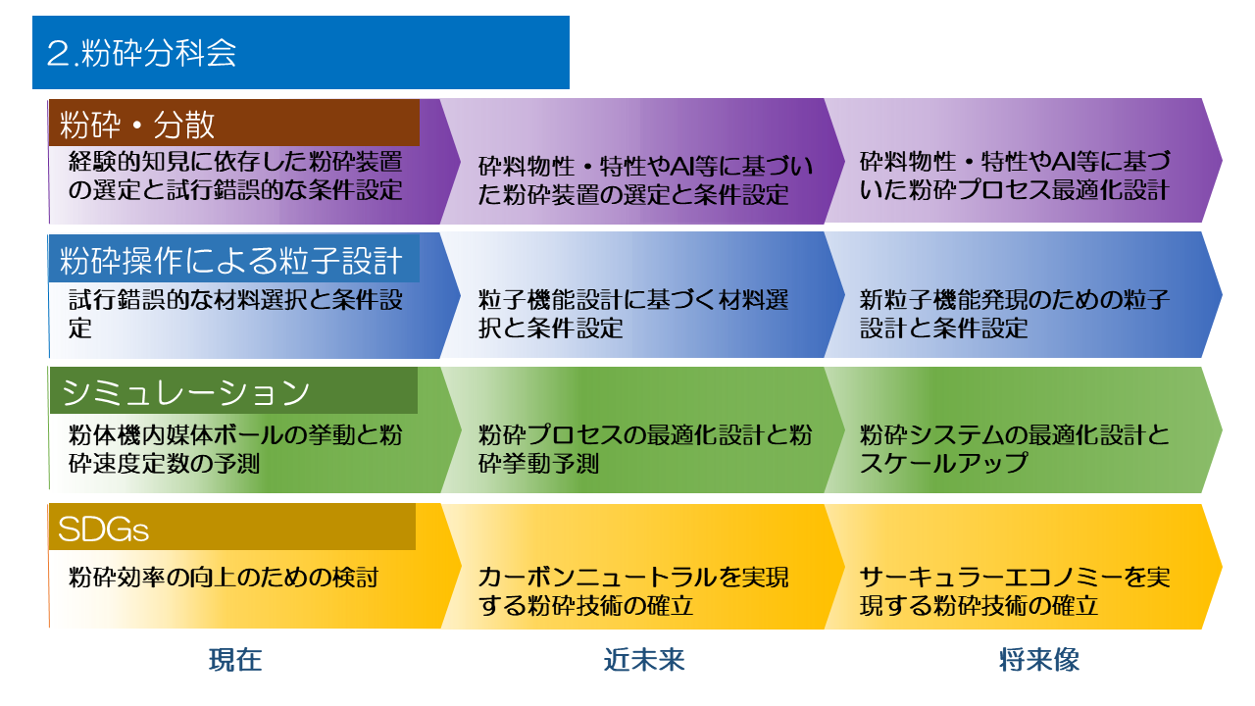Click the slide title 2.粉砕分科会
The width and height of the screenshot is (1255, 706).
[x=141, y=53]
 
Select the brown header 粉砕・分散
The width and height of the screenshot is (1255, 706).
[x=136, y=125]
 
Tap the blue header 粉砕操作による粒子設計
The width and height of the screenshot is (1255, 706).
[x=230, y=261]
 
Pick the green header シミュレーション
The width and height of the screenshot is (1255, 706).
[x=185, y=392]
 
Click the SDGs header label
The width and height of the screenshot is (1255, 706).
[x=104, y=529]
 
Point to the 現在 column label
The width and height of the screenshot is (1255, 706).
[x=235, y=660]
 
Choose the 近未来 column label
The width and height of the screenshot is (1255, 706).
[x=644, y=660]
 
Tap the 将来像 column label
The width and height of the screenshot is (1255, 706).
[x=1039, y=660]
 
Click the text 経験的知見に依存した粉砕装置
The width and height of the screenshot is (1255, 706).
[x=235, y=162]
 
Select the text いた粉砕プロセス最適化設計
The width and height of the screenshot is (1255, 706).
[x=1014, y=190]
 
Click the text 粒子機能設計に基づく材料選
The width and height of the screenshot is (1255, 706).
[x=633, y=300]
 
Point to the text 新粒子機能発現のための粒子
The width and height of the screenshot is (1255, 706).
[x=1015, y=300]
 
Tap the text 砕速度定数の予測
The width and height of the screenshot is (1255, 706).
[x=164, y=464]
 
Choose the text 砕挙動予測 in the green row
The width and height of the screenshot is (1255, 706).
[x=538, y=464]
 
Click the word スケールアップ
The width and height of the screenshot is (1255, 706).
[x=943, y=464]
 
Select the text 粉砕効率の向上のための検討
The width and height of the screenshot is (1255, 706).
[x=224, y=578]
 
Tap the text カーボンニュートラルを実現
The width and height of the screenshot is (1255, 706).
[x=633, y=578]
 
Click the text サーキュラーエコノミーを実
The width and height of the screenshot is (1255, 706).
[x=1015, y=578]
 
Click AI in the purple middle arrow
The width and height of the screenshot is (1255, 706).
[x=681, y=166]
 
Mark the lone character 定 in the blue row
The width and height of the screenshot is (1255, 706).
[x=80, y=328]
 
